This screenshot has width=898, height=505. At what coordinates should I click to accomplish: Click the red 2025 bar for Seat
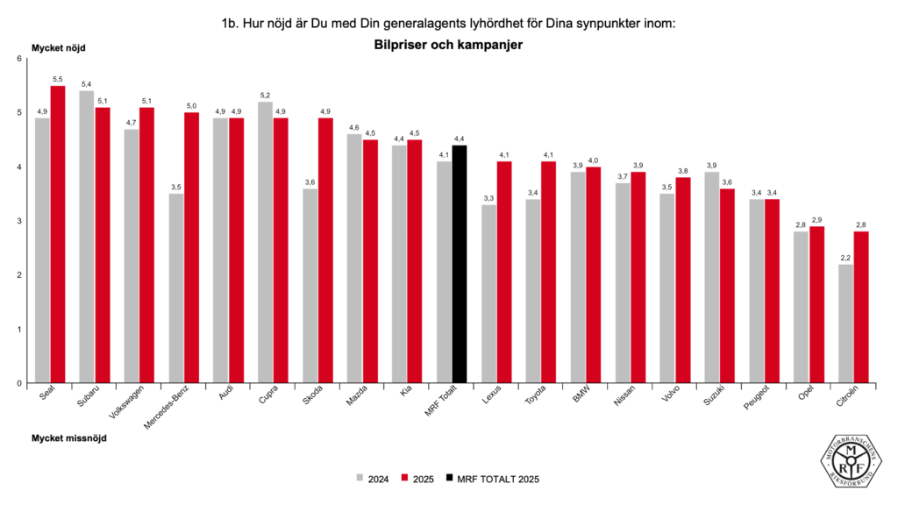tap(58, 234)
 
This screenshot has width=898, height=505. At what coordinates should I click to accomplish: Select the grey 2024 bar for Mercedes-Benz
tap(176, 288)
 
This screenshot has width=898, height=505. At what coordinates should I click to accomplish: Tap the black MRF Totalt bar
tap(460, 264)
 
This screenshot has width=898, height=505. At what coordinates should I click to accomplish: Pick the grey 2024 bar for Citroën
tap(845, 324)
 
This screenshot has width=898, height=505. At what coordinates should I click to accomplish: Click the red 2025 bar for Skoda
tap(325, 250)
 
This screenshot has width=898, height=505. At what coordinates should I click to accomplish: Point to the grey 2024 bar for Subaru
tap(87, 237)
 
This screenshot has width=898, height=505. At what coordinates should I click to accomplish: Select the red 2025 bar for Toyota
tap(549, 272)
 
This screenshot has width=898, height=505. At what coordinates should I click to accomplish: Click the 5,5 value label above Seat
tap(58, 79)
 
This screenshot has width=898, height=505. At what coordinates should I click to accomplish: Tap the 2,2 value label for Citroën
tap(845, 258)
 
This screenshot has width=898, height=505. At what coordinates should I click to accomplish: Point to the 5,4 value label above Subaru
tap(87, 84)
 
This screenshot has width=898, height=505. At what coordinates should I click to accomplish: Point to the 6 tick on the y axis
tap(19, 59)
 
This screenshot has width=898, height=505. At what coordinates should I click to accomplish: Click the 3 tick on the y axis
tap(19, 221)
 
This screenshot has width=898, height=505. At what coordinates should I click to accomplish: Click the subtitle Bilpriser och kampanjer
tap(448, 43)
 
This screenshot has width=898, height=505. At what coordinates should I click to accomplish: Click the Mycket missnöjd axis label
tap(69, 438)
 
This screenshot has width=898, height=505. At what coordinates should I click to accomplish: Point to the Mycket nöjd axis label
tap(59, 47)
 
